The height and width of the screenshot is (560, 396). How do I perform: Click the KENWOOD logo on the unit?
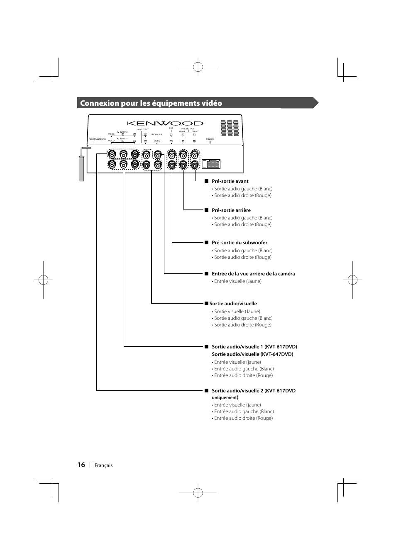[x=165, y=123]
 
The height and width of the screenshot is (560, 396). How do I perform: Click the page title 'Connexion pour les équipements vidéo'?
[x=151, y=103]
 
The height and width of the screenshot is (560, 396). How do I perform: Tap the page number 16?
[x=81, y=465]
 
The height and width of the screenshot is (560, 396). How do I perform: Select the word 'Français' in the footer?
[x=103, y=465]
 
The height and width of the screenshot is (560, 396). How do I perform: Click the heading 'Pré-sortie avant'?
[x=230, y=181]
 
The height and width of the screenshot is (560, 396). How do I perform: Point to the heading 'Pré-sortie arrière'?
[x=231, y=210]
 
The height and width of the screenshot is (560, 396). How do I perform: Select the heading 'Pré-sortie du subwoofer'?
[x=240, y=243]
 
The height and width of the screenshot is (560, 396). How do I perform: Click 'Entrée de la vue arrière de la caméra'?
[x=253, y=274]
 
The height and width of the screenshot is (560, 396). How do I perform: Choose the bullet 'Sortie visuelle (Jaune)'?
[x=237, y=312]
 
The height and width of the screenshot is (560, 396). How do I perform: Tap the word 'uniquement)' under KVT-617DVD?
[x=225, y=397]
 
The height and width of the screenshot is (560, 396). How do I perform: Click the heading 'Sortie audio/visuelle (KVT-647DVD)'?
[x=252, y=354]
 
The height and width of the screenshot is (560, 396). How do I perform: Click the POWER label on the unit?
[x=210, y=139]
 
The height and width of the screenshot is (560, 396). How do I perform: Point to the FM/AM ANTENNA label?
[x=97, y=139]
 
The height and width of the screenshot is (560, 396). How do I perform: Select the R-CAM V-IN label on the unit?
[x=157, y=134]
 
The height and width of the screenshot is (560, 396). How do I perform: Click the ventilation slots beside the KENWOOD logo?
[x=230, y=128]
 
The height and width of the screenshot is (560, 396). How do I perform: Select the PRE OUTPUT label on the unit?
[x=188, y=129]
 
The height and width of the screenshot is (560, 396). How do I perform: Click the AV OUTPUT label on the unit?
[x=143, y=129]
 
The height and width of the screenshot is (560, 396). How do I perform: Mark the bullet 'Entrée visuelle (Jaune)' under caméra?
[x=237, y=281]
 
